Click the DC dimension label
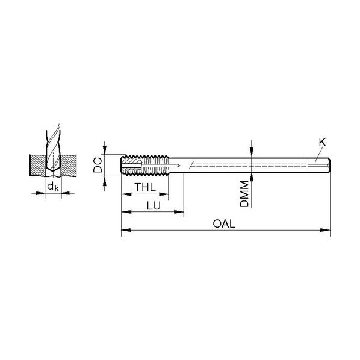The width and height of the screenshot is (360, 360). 98,165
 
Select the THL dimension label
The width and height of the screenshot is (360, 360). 145,187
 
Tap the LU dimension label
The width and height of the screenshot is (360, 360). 154,206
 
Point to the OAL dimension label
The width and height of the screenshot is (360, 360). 224,223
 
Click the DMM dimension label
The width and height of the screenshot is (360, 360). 244,194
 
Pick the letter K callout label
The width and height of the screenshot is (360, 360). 322,142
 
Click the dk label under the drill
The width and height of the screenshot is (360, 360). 53,187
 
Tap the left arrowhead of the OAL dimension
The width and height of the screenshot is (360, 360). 126,230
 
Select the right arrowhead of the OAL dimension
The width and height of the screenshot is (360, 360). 325,230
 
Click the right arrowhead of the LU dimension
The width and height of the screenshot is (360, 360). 179,212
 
